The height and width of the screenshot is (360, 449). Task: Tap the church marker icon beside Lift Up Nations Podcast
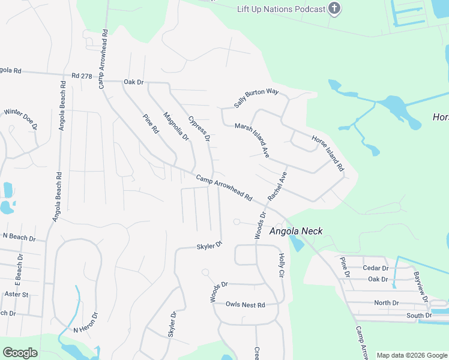pyautogui.click(x=335, y=8)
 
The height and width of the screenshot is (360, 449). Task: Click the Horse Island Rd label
pyautogui.click(x=327, y=153)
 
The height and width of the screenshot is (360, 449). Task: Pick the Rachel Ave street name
pyautogui.click(x=278, y=186)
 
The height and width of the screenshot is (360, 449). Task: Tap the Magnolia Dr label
pyautogui.click(x=176, y=127)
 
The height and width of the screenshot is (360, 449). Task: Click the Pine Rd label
pyautogui.click(x=151, y=124)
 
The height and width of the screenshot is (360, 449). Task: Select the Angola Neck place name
pyautogui.click(x=296, y=231)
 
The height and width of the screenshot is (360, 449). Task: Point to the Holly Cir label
pyautogui.click(x=281, y=265)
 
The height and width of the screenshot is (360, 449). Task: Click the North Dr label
pyautogui.click(x=386, y=303)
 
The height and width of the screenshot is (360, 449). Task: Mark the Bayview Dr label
pyautogui.click(x=421, y=287)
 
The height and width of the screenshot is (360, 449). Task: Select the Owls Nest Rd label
pyautogui.click(x=245, y=305)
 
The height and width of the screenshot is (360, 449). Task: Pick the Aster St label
pyautogui.click(x=17, y=295)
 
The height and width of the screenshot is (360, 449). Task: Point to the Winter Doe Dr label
pyautogui.click(x=20, y=119)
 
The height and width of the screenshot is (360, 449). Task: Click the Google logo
pyautogui.click(x=20, y=353)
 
